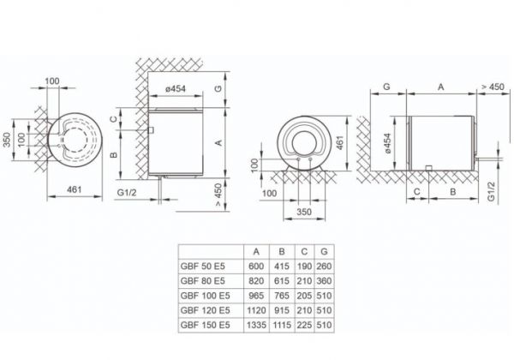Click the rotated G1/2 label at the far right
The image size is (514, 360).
coord(492,191)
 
